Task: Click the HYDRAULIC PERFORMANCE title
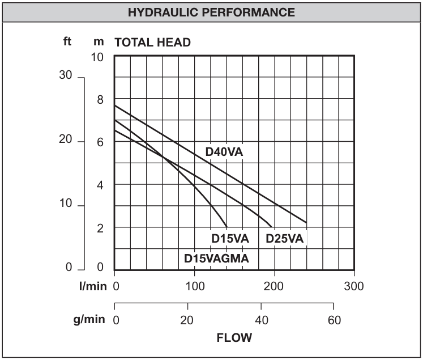point(211,12)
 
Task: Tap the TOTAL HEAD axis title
point(153,43)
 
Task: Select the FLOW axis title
point(234,338)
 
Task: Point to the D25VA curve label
point(285,239)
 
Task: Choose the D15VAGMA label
point(217,258)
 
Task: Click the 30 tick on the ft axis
point(67,77)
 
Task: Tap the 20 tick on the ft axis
point(67,141)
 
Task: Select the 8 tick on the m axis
point(100,100)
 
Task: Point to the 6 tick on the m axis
point(100,142)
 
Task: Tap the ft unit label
point(67,41)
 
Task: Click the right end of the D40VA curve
point(306,222)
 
